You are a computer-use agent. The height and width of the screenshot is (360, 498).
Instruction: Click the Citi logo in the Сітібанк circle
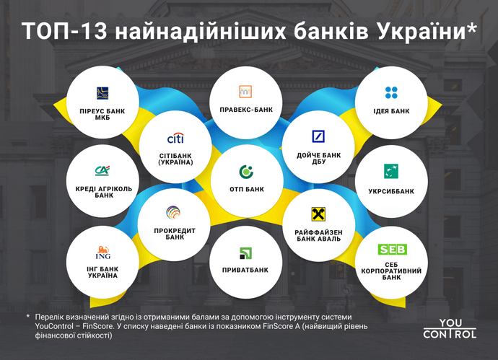[x=175, y=138]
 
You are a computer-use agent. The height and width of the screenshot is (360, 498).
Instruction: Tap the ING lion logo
[x=102, y=253]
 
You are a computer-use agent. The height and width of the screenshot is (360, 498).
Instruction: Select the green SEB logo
[x=392, y=249]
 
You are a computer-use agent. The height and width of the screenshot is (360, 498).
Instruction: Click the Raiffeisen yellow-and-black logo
[x=318, y=214]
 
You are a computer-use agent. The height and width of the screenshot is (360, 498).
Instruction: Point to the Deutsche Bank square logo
[x=318, y=136]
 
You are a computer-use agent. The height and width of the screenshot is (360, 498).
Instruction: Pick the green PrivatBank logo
[x=245, y=253]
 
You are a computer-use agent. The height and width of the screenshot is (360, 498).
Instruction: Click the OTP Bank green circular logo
[x=245, y=172]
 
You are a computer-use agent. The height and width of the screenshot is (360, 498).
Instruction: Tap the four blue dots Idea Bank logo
[x=392, y=92]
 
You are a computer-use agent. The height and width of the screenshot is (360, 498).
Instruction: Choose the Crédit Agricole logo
[x=102, y=171]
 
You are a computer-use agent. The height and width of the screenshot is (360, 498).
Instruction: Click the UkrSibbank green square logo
[x=392, y=171]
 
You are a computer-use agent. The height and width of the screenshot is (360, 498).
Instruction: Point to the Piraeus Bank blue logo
[x=102, y=92]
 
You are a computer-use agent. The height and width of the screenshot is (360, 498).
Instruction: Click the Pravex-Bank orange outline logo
[x=245, y=92]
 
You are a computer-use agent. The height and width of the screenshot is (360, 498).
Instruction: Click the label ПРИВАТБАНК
[x=245, y=270]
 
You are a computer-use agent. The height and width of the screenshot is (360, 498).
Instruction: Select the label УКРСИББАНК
[x=392, y=191]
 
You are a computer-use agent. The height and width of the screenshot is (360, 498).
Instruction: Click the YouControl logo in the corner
[x=449, y=328]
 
